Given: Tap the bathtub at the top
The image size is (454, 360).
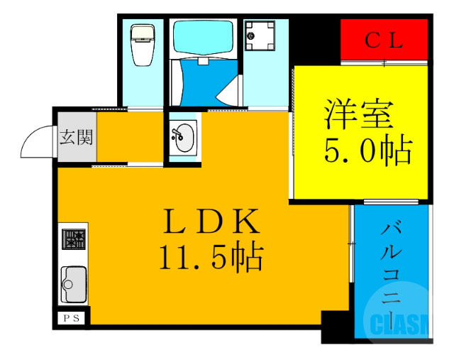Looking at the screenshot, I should tap(204, 39).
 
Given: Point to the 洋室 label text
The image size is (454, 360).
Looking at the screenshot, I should tap(359, 114).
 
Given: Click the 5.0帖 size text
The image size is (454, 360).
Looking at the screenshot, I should tap(368, 150).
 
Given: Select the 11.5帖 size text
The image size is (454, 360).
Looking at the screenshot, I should tap(211, 258).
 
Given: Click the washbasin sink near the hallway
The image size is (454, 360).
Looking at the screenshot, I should tap(184, 136).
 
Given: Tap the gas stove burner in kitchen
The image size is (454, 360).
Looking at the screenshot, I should tap(73, 239).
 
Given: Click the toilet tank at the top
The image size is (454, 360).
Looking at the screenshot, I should tap(143, 31).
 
